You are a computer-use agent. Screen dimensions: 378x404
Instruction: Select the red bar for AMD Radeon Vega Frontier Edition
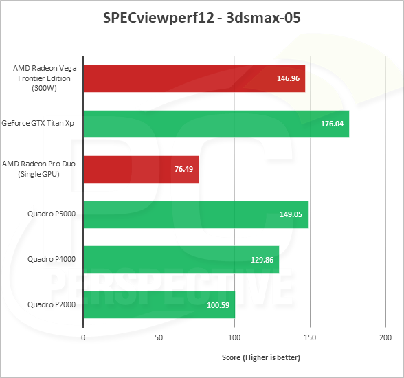coord(194,78)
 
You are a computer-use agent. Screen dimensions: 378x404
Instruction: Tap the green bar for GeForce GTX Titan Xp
coord(216,124)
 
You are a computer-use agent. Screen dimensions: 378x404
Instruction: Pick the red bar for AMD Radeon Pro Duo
coord(141,169)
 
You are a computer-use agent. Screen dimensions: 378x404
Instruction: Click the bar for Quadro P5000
coord(196,214)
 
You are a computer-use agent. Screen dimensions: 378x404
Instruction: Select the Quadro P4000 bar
coord(181,259)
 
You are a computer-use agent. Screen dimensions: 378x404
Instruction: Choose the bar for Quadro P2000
coord(159,304)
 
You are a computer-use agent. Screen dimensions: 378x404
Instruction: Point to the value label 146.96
coord(287,78)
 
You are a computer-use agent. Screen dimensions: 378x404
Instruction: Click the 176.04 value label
coord(331,124)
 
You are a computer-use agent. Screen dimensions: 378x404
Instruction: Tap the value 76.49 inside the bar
coord(183,169)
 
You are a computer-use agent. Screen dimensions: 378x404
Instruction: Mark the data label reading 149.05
coord(291,214)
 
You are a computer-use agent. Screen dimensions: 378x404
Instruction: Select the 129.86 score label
coord(262,259)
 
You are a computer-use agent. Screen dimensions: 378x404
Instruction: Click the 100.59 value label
coord(218,304)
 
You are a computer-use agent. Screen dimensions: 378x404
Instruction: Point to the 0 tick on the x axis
coord(83,337)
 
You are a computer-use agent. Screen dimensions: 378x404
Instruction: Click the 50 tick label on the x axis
coord(159,337)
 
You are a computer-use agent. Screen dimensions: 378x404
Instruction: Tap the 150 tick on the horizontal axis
coord(310,337)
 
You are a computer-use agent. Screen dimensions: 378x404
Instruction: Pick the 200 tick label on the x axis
coord(385,337)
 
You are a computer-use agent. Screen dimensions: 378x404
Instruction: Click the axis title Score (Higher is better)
coord(260,357)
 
